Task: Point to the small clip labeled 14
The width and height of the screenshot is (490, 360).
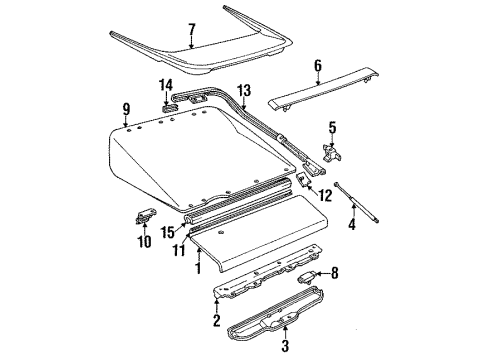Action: (x=167, y=104)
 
